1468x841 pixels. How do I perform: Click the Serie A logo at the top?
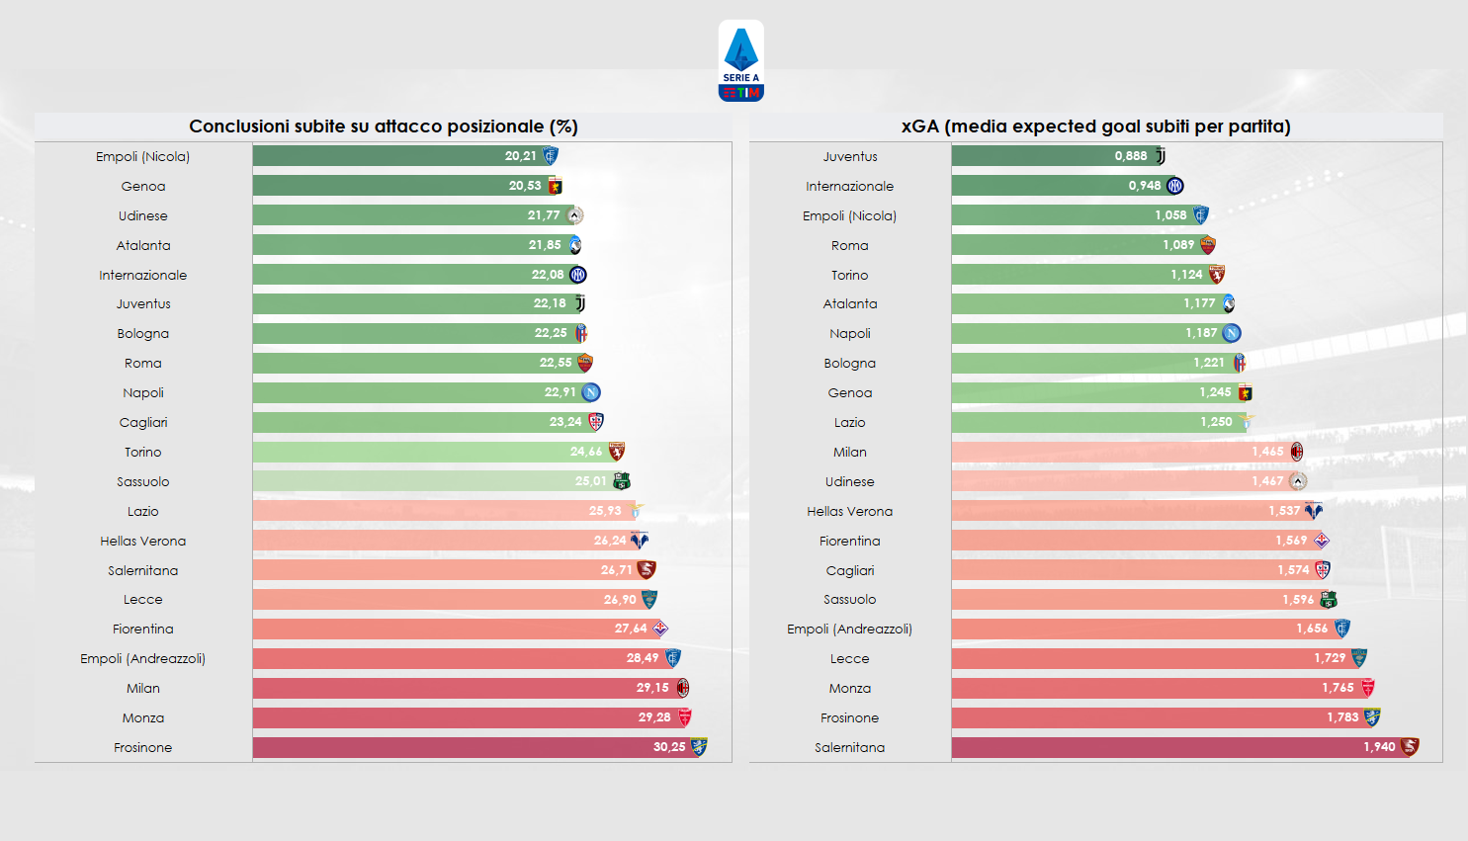click(x=740, y=61)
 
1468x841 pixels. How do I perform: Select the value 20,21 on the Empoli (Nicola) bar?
click(x=520, y=156)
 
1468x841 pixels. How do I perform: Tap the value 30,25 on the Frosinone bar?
click(x=668, y=747)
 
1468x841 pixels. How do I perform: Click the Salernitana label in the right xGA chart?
click(x=849, y=748)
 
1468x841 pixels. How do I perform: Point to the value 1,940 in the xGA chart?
click(x=1378, y=747)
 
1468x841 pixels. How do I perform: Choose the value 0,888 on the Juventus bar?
click(x=1130, y=156)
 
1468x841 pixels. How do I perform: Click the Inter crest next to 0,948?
click(x=1174, y=186)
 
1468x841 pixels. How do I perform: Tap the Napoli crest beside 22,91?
click(x=591, y=392)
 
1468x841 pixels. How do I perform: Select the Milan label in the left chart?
click(x=143, y=689)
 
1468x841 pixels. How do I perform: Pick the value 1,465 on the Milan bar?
click(x=1267, y=452)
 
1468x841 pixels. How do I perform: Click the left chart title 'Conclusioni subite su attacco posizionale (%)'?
click(x=384, y=126)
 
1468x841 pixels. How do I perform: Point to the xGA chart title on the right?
click(x=1095, y=126)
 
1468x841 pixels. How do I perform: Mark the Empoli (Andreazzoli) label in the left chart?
click(x=143, y=659)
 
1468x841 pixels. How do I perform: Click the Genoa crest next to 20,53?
click(x=555, y=186)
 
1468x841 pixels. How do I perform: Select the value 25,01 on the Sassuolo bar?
click(x=590, y=481)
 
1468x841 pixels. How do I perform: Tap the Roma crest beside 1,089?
click(x=1207, y=245)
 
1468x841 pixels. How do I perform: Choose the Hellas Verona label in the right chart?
click(x=849, y=512)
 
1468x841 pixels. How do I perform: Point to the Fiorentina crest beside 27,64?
click(x=660, y=629)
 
